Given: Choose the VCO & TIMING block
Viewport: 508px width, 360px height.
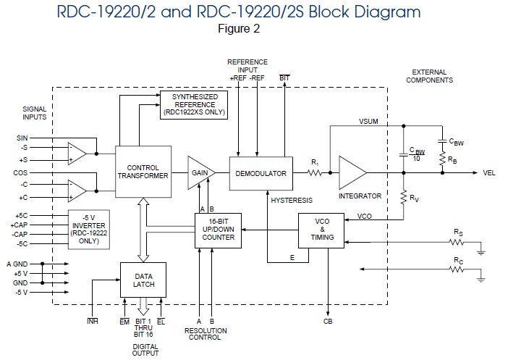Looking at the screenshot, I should pyautogui.click(x=321, y=230).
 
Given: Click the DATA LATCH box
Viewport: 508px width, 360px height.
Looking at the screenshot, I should pyautogui.click(x=144, y=280).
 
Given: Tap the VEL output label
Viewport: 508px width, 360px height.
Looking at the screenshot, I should pyautogui.click(x=490, y=174).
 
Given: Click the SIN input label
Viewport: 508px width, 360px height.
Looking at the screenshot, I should pyautogui.click(x=22, y=137).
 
